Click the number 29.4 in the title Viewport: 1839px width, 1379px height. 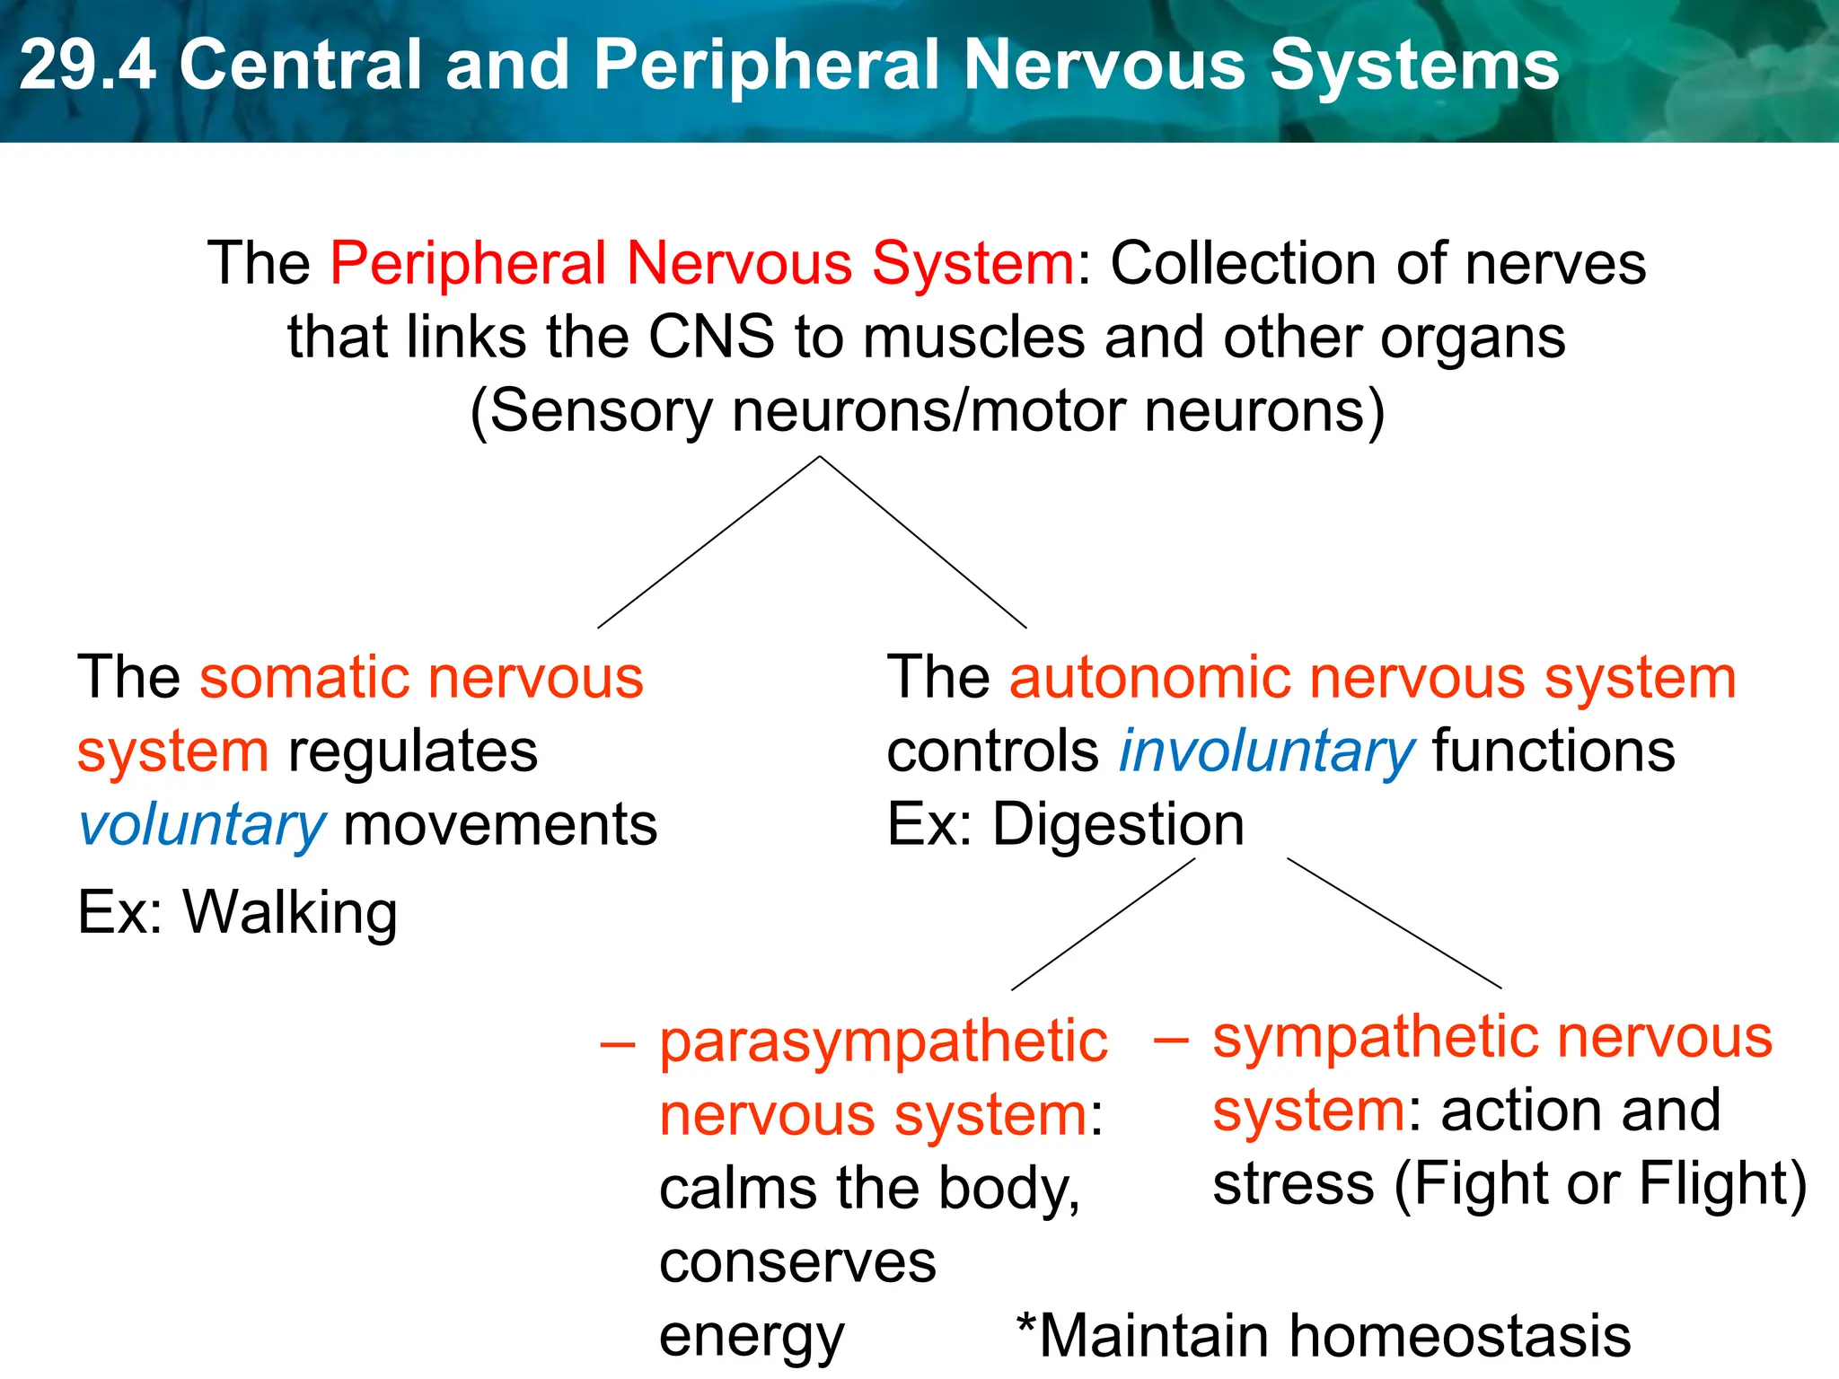point(87,65)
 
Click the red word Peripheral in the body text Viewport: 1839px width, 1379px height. point(470,264)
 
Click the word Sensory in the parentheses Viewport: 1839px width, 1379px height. point(601,411)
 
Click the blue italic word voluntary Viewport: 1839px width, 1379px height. point(202,826)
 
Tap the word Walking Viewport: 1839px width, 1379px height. point(290,913)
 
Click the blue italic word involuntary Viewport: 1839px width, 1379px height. point(1267,752)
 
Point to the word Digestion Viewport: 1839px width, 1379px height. point(1118,824)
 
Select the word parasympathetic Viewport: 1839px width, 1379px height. point(884,1043)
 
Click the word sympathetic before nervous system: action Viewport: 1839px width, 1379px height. point(1376,1039)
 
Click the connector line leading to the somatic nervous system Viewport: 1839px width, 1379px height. point(709,541)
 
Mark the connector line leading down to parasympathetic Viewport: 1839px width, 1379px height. point(1103,925)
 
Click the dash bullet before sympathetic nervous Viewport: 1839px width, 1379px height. point(1171,1040)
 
